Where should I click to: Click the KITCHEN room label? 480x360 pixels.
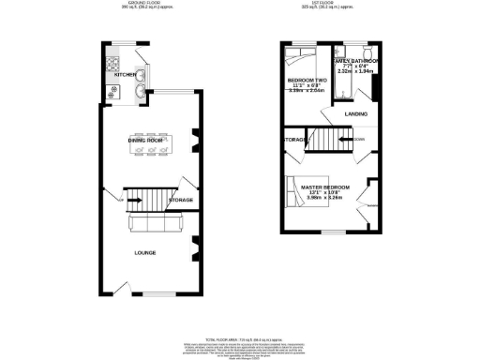coord(126,73)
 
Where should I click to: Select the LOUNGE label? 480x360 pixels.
coord(144,252)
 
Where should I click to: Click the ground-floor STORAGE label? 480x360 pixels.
coord(180,200)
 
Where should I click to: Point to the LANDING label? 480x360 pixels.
coord(355,114)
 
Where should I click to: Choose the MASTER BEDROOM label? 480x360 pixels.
coord(324,187)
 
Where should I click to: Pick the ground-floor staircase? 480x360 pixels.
coord(142,198)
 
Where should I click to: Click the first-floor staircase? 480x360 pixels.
coord(327,141)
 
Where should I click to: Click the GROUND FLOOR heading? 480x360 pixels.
coord(143,4)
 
